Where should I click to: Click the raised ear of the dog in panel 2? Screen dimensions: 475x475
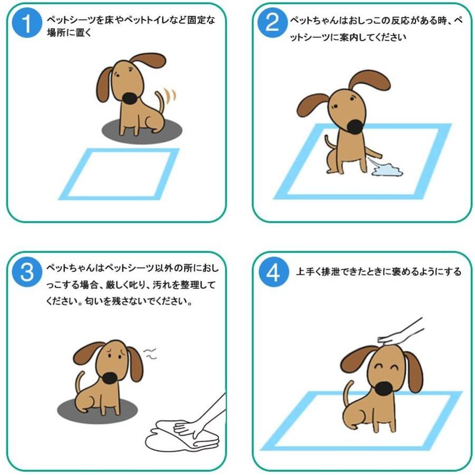click(369, 81)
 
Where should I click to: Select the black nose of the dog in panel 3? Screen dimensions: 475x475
click(110, 378)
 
